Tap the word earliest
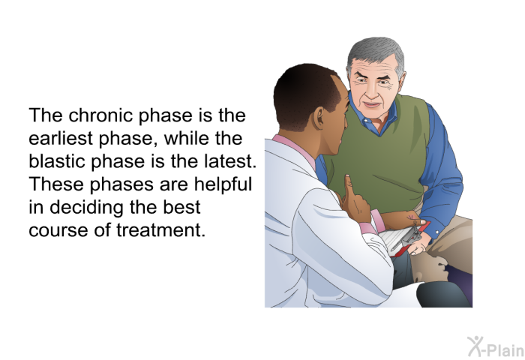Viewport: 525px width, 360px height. pyautogui.click(x=60, y=138)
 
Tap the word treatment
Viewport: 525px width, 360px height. pyautogui.click(x=160, y=230)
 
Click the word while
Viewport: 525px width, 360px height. pyautogui.click(x=187, y=138)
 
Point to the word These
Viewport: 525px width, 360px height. pyautogui.click(x=57, y=184)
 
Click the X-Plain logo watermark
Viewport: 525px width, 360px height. pyautogui.click(x=496, y=346)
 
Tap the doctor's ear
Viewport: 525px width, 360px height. pyautogui.click(x=319, y=118)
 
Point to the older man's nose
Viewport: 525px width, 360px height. pyautogui.click(x=372, y=91)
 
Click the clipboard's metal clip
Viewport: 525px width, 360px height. pyautogui.click(x=412, y=234)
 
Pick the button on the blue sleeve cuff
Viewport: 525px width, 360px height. pyautogui.click(x=437, y=231)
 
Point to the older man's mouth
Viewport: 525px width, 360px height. pyautogui.click(x=372, y=104)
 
